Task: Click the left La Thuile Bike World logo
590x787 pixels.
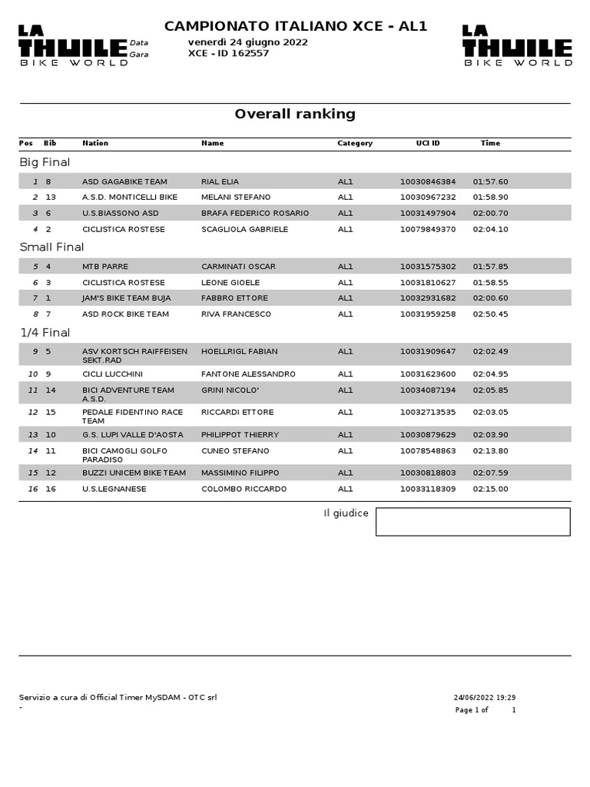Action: click(x=73, y=46)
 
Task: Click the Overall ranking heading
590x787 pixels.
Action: click(x=295, y=115)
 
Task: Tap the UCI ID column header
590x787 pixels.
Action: click(x=428, y=143)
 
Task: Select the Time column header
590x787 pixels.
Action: click(x=490, y=143)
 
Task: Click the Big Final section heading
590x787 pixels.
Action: click(x=45, y=162)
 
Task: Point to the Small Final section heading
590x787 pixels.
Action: click(x=51, y=247)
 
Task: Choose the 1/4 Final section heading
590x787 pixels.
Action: click(x=45, y=332)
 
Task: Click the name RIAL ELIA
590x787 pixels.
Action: click(x=220, y=182)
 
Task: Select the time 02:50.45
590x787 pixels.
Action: click(x=490, y=314)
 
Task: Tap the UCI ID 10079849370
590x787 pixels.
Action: click(x=428, y=229)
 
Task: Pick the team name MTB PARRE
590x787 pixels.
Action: click(x=103, y=267)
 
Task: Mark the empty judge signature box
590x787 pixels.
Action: click(x=472, y=521)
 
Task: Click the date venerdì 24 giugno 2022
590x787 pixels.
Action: click(x=247, y=42)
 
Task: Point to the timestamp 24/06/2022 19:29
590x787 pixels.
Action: click(x=484, y=698)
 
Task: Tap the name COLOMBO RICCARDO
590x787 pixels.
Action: click(x=244, y=489)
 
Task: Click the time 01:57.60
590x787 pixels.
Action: click(x=490, y=182)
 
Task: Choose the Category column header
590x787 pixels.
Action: click(x=355, y=143)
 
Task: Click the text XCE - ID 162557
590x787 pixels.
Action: click(x=228, y=54)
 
